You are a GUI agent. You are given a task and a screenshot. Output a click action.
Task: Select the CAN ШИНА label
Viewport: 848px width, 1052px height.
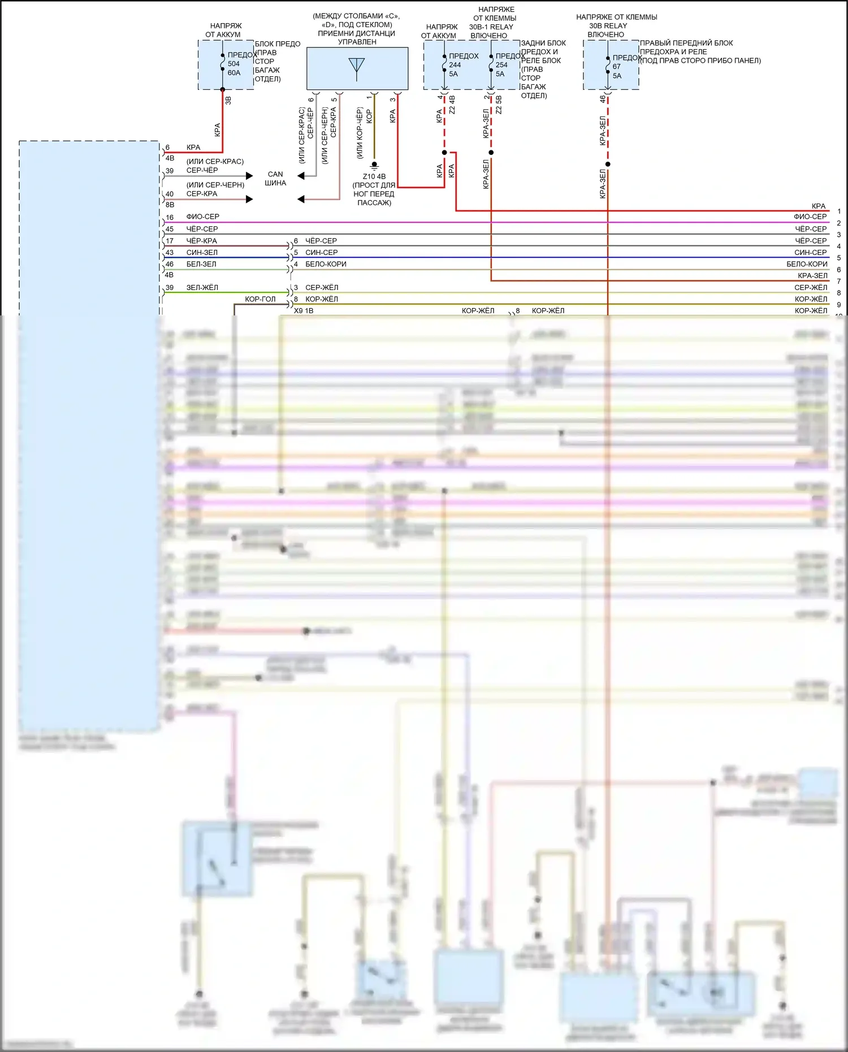point(275,179)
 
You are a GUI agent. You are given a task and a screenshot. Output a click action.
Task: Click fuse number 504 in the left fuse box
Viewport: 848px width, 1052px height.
point(233,64)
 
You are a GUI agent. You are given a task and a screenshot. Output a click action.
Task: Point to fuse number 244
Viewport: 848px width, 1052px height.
point(455,65)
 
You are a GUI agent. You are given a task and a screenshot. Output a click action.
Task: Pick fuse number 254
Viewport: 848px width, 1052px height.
point(501,65)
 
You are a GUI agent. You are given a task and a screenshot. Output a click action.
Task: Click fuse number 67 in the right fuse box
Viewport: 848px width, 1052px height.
point(616,67)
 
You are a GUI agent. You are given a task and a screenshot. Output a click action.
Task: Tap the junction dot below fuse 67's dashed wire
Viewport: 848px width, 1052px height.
point(608,164)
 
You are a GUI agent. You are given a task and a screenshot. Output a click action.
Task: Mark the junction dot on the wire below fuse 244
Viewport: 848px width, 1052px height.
point(444,153)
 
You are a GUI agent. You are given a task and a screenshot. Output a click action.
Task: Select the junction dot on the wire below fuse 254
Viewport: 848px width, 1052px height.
point(491,153)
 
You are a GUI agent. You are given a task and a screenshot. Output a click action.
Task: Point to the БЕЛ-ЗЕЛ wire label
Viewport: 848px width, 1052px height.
point(201,264)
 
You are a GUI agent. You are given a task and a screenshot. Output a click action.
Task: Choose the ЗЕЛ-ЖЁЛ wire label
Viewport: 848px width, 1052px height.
point(202,288)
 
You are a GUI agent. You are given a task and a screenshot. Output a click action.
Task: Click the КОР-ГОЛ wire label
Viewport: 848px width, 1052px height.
point(260,299)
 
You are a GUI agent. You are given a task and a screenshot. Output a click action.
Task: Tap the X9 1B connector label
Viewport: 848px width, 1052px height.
point(304,311)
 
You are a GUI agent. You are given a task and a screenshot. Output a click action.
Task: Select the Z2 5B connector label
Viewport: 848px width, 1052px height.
point(499,105)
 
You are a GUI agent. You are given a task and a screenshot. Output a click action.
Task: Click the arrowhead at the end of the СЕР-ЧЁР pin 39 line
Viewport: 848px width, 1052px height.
point(249,176)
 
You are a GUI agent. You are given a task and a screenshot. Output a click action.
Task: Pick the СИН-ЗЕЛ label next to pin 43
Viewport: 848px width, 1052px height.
point(202,253)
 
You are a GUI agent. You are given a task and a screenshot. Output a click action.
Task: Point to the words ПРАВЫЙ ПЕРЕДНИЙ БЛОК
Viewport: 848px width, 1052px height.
point(686,43)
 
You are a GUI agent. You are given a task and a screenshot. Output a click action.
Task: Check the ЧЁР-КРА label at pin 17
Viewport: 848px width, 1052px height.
point(202,241)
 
